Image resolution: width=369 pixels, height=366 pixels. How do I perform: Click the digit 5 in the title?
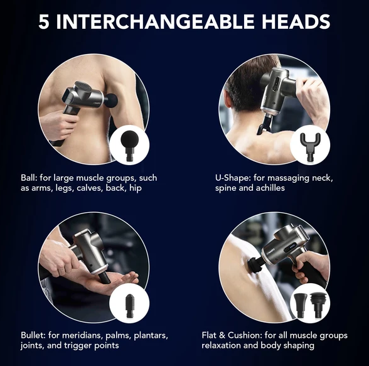pos(44,21)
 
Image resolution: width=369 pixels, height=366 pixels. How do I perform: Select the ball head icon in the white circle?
pos(129,146)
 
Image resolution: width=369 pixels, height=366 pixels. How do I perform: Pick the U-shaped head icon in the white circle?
pos(310,147)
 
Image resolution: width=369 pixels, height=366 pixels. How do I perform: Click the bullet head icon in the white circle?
pos(129,306)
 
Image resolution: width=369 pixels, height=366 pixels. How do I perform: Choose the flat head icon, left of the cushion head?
pos(301,305)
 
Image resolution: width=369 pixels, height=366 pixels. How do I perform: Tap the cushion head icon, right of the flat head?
pos(318,305)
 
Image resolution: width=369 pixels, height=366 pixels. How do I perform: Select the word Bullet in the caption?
pos(33,335)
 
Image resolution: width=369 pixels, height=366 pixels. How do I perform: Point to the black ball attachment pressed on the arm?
pos(110,100)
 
